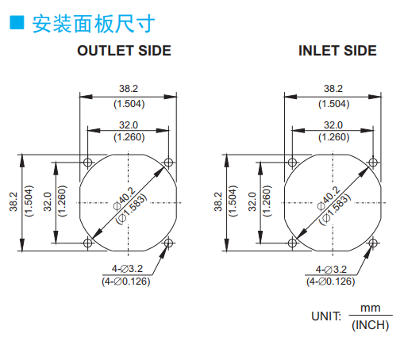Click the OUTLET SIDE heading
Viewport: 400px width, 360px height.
click(x=124, y=51)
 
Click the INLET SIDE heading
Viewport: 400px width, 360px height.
click(x=337, y=51)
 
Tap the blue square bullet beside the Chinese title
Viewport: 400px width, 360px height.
click(x=17, y=22)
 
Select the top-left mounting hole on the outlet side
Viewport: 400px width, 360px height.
click(x=88, y=162)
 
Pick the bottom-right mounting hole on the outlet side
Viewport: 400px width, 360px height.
click(x=168, y=243)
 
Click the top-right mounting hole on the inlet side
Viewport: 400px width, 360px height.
click(x=373, y=162)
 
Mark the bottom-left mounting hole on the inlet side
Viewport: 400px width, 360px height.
click(x=292, y=243)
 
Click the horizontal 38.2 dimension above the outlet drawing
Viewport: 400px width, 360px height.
click(x=129, y=89)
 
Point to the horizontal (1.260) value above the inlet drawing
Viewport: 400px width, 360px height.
click(x=334, y=137)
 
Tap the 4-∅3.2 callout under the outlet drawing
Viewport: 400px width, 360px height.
click(x=127, y=269)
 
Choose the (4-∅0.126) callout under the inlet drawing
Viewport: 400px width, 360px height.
click(x=331, y=281)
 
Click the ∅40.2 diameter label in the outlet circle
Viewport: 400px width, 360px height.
click(x=125, y=198)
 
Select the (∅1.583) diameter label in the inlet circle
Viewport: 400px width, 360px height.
click(x=335, y=209)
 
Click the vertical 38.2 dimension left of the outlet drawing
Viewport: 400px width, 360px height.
click(x=13, y=201)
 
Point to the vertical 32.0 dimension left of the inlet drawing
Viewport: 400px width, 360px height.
click(x=252, y=201)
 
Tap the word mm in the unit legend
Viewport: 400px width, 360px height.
click(x=371, y=308)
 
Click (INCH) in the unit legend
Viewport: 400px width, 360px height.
click(x=371, y=325)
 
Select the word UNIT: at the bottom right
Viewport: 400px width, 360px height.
click(x=326, y=316)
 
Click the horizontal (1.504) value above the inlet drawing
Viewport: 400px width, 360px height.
click(x=334, y=104)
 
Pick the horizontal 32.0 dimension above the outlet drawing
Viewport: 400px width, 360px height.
click(x=129, y=125)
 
